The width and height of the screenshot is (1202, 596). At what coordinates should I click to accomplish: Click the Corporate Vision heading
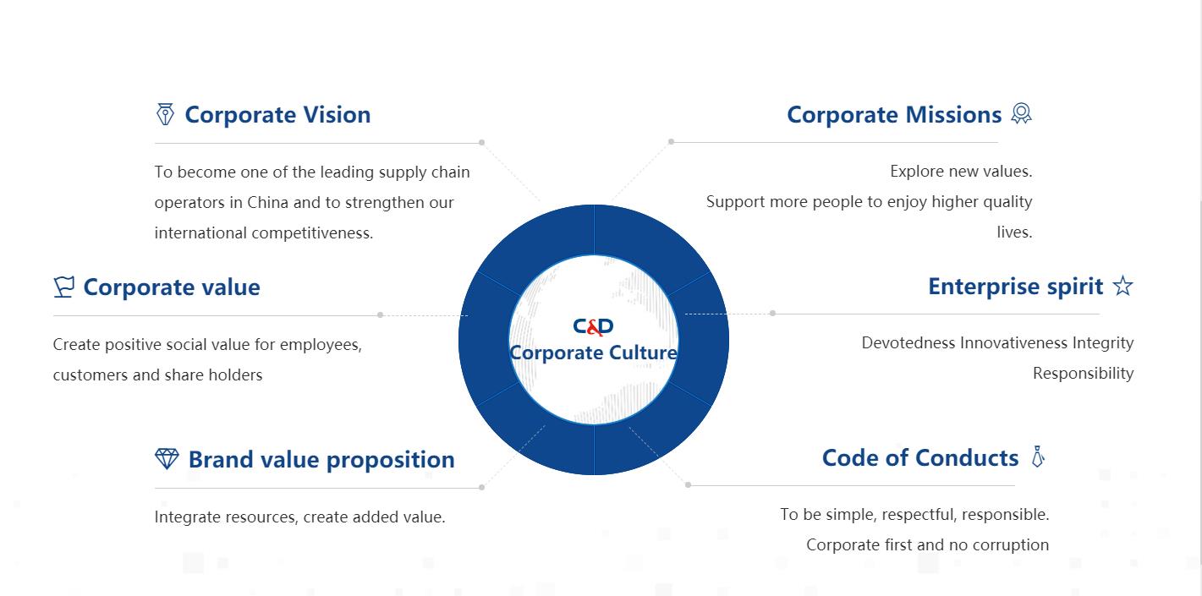[x=277, y=115]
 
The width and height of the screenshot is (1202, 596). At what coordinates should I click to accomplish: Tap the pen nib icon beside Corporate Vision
[x=165, y=114]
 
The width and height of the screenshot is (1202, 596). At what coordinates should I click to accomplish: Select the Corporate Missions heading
[x=894, y=115]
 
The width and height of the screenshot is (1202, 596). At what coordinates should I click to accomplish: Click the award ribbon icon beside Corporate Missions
[x=1021, y=113]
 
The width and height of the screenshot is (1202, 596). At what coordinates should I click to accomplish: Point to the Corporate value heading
[x=172, y=287]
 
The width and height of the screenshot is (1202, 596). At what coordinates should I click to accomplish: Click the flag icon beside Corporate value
[x=63, y=287]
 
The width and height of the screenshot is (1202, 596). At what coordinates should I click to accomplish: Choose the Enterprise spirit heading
[x=1016, y=287]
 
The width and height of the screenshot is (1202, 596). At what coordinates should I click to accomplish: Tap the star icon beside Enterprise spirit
[x=1123, y=286]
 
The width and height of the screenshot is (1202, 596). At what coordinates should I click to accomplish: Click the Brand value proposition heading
[x=321, y=460]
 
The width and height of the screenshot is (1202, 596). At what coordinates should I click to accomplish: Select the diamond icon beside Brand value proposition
[x=167, y=459]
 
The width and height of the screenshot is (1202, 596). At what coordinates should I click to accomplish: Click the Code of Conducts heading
[x=920, y=458]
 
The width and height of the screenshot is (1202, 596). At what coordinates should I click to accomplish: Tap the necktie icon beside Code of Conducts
[x=1039, y=457]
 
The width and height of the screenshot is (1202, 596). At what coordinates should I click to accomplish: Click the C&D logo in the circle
[x=593, y=326]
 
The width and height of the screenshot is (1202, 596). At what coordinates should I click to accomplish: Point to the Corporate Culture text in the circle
[x=594, y=353]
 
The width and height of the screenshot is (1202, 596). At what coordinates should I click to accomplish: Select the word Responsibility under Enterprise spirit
[x=1083, y=374]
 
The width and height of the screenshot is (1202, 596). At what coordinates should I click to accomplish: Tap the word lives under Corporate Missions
[x=1014, y=232]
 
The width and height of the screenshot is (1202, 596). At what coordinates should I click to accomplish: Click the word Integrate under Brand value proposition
[x=187, y=517]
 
